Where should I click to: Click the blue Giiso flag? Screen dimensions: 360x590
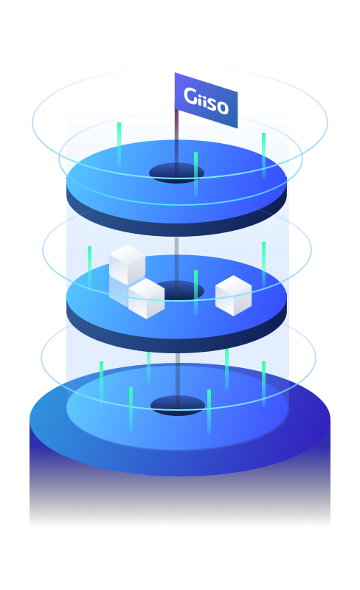pos(206,100)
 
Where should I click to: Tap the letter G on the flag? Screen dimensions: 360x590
pos(190,96)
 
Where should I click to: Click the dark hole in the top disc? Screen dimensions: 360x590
pos(176,173)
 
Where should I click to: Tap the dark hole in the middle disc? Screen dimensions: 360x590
pos(181,291)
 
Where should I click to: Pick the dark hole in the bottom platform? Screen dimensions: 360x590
pos(178,406)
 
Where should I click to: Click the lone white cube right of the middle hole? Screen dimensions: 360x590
pos(233,296)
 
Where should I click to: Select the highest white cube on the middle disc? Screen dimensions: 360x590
pos(127,265)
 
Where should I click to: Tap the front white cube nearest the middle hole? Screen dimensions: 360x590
pos(146,299)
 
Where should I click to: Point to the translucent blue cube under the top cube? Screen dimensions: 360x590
pos(119,291)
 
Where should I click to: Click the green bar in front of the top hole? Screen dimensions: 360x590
pos(195,175)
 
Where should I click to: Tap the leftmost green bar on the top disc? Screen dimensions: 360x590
pos(119,145)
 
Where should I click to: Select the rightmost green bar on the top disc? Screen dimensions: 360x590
pos(263,155)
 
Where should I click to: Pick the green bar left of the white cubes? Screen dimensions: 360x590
pos(89,268)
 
